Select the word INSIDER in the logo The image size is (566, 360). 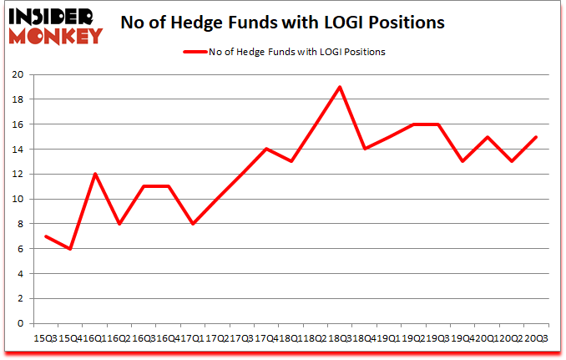51,16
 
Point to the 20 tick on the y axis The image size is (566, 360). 18,74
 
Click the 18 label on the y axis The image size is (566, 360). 18,99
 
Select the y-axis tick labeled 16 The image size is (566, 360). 18,124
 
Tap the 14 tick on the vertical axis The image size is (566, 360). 18,150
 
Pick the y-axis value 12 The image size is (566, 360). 18,174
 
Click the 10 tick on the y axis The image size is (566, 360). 18,199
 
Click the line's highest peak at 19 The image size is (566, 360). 340,87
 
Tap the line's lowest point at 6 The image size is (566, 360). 70,249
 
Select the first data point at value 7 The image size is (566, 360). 45,236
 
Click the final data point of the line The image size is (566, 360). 535,137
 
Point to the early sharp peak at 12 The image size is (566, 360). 94,174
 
